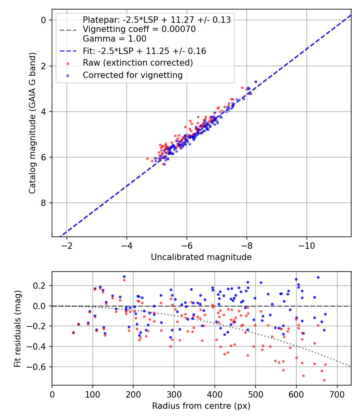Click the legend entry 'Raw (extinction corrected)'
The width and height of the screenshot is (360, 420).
point(138,63)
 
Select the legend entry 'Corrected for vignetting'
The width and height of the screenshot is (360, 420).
point(132,75)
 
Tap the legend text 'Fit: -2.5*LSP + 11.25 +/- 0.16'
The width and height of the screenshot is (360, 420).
point(144,51)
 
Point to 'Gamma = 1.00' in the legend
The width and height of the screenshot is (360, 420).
point(114,39)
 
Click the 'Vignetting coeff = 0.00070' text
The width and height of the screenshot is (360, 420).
point(139,29)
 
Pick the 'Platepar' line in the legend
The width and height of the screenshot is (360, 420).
point(157,20)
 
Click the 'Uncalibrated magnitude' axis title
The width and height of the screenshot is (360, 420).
point(201,257)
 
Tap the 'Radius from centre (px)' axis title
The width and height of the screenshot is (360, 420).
point(201,406)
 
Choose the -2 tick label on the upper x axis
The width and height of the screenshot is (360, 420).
point(66,245)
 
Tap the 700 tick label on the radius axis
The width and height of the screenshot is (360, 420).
point(337,394)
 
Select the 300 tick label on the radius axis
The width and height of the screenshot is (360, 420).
point(174,394)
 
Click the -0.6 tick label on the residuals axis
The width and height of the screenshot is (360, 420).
point(40,367)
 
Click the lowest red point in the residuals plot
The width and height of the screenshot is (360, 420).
point(324,380)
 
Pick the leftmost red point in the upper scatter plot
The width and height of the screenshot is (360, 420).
point(147,159)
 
